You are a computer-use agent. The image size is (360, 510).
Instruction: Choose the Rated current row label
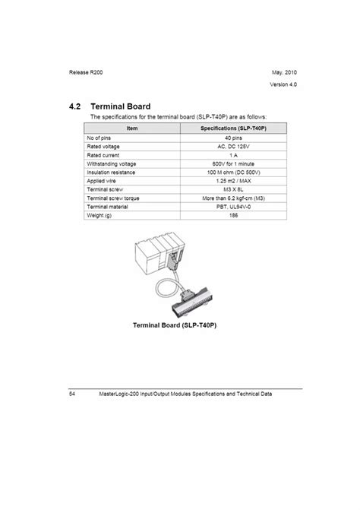(105, 155)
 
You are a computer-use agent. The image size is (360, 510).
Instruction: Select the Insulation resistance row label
(112, 172)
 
